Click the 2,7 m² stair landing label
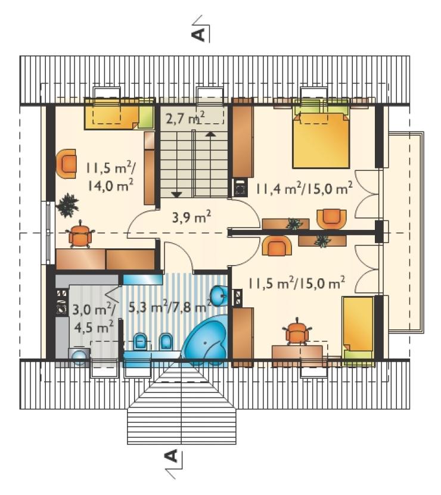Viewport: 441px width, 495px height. tap(185, 118)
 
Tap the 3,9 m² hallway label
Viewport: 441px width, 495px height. tap(192, 217)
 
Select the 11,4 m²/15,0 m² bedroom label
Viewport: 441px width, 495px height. tap(303, 188)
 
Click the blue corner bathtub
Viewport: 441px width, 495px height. tap(206, 341)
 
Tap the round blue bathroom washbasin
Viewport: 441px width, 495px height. tap(219, 296)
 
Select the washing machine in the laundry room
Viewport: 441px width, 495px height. tap(79, 357)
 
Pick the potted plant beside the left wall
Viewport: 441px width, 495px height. tap(67, 206)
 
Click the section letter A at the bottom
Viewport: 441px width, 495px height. tap(171, 456)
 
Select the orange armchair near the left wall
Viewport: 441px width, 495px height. tap(66, 164)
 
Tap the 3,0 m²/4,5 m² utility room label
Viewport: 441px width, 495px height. tap(93, 317)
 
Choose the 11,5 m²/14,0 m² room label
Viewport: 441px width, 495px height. tap(109, 178)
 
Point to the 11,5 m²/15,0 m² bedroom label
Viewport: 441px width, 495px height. tap(296, 283)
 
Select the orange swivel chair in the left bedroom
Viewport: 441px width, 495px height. tap(80, 235)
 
